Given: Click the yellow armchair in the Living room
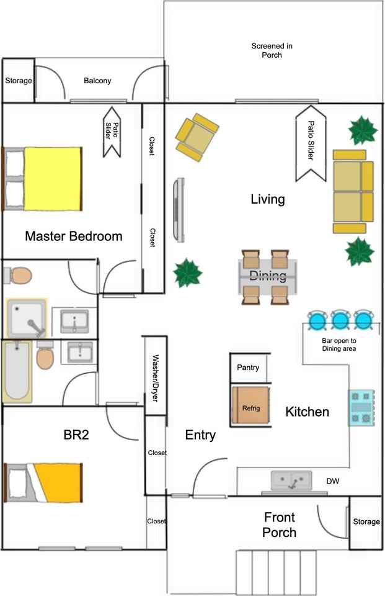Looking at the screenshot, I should click(x=197, y=137).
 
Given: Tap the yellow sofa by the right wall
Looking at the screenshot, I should click(x=353, y=191).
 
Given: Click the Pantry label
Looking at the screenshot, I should click(x=249, y=368).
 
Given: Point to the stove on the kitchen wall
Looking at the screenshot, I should click(x=361, y=407).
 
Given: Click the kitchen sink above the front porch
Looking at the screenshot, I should click(x=291, y=481).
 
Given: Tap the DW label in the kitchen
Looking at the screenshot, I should click(x=333, y=481).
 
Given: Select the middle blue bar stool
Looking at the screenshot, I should click(x=340, y=321).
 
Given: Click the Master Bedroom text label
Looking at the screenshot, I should click(x=73, y=237).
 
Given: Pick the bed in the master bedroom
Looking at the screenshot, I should click(x=43, y=179).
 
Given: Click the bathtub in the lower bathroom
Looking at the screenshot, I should click(x=17, y=371).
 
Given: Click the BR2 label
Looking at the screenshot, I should click(x=76, y=435).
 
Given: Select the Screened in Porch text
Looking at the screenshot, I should click(x=272, y=50).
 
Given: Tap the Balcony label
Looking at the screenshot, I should click(x=97, y=81).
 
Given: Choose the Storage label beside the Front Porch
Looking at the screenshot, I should click(x=366, y=521).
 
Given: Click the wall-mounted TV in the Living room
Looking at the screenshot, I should click(x=180, y=210).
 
